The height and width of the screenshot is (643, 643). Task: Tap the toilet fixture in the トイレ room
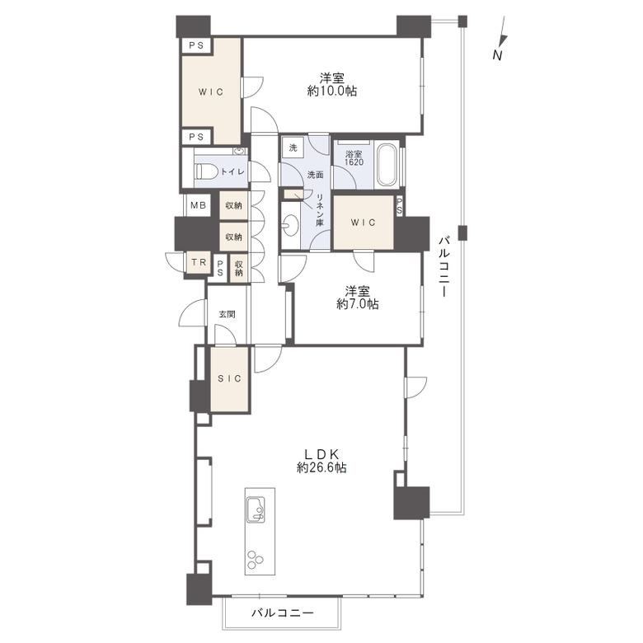click(x=206, y=171)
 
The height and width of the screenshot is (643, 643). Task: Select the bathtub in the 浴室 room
click(x=387, y=165)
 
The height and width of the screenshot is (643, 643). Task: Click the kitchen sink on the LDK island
click(x=255, y=509)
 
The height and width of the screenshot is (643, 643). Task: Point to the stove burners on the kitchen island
click(x=255, y=560)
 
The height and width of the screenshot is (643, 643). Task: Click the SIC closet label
click(x=229, y=378)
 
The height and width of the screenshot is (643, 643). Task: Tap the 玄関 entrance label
click(x=227, y=315)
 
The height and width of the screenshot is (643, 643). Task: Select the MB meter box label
click(x=198, y=205)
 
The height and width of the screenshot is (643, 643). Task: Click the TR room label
click(x=199, y=261)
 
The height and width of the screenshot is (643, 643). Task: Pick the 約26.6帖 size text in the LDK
click(x=321, y=467)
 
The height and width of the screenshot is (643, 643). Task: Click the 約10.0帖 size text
click(x=332, y=91)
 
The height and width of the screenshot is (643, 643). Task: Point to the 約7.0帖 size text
click(x=358, y=304)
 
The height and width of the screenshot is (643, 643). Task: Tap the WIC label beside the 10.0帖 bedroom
click(x=211, y=92)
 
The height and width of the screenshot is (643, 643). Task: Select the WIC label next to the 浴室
click(x=364, y=223)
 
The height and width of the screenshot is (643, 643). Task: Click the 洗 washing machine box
click(x=293, y=148)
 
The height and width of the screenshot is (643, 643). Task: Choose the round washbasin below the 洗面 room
click(x=290, y=226)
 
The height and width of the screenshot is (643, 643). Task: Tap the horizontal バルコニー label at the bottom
click(x=283, y=613)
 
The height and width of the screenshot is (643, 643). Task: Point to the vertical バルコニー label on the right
click(x=444, y=266)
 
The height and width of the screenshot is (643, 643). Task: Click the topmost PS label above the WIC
click(x=196, y=45)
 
